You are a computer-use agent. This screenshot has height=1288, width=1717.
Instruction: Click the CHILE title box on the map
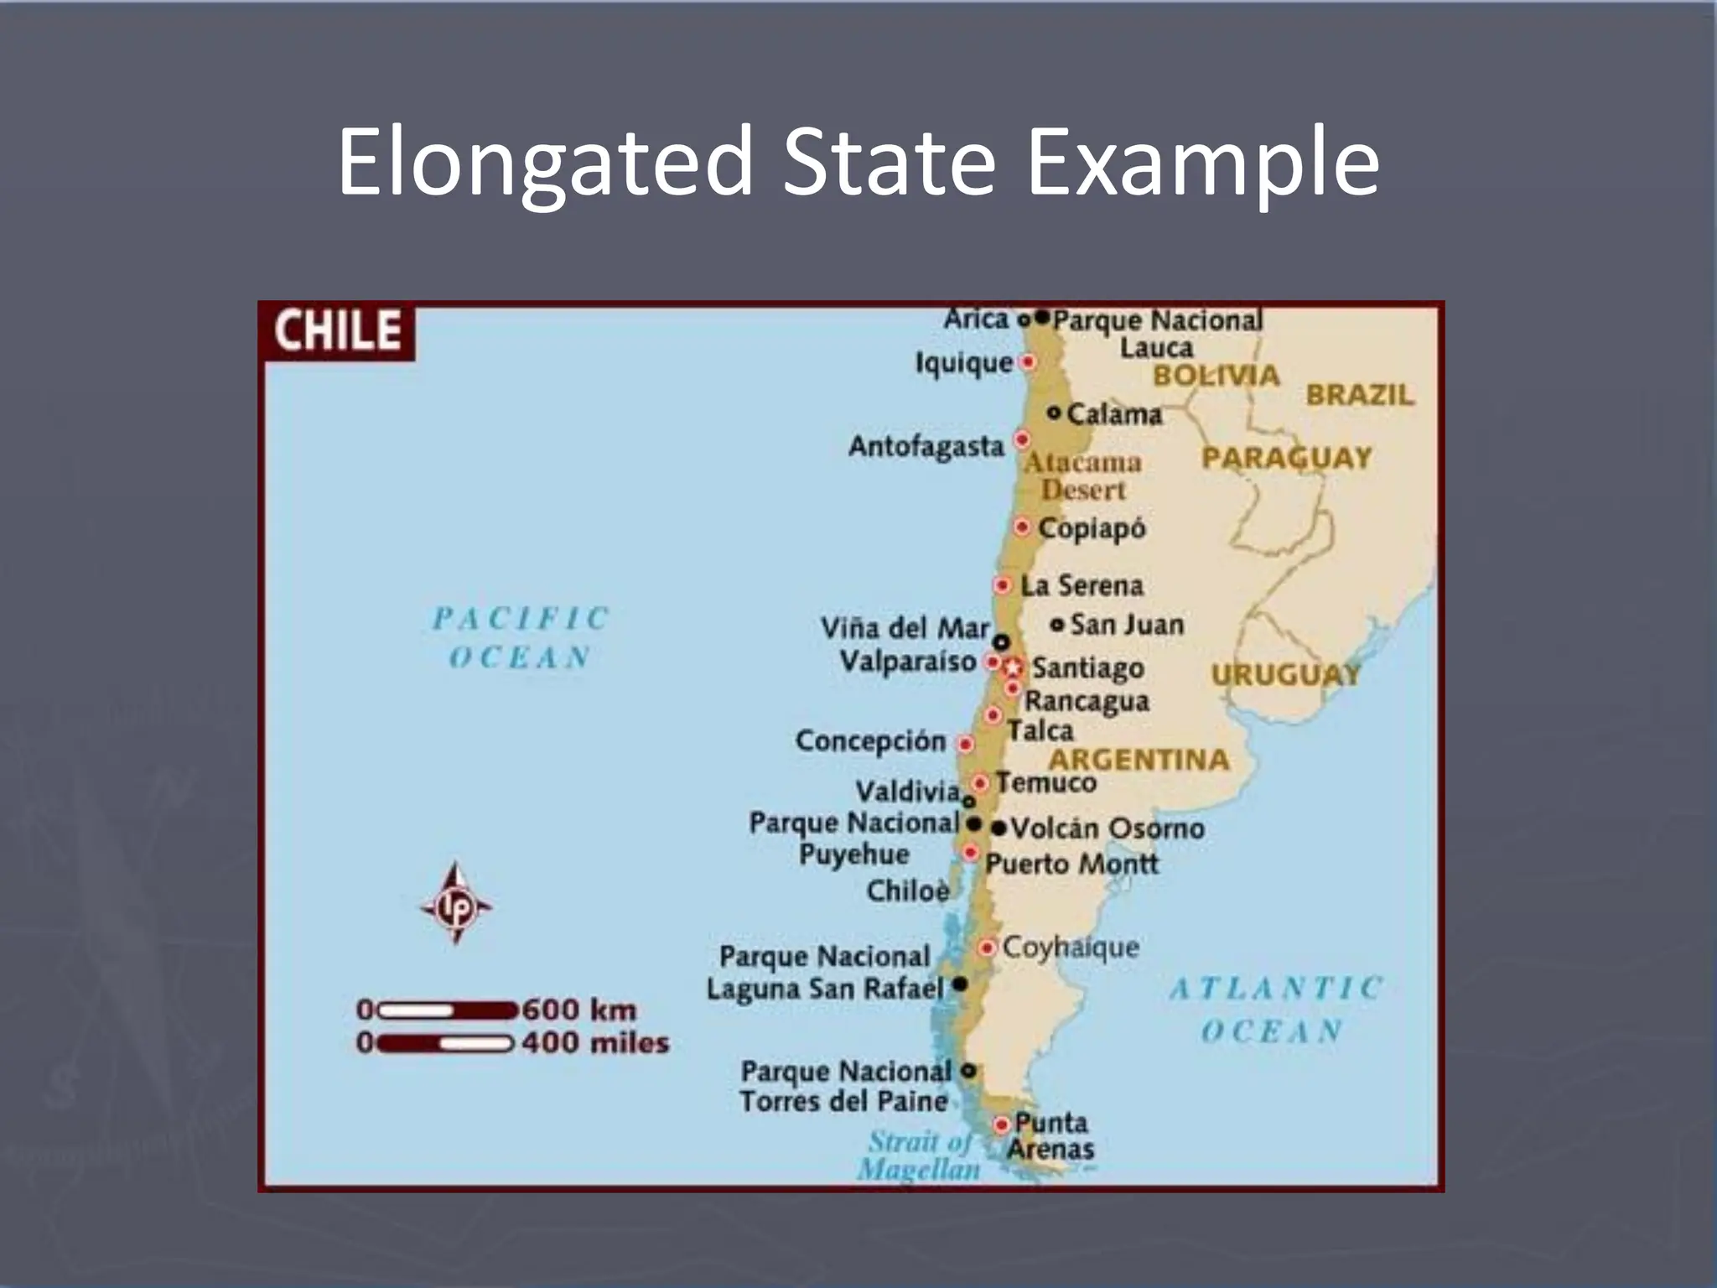[338, 330]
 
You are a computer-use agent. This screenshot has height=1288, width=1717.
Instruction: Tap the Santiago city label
[1087, 667]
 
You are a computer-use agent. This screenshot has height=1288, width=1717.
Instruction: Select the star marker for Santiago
[1014, 667]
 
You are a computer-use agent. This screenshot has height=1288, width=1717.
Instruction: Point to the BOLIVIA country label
[1216, 376]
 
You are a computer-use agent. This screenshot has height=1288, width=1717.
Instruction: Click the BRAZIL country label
[1360, 394]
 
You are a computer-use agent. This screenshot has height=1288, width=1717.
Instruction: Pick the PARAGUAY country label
[1286, 458]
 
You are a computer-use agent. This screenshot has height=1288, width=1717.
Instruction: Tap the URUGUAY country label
[1285, 674]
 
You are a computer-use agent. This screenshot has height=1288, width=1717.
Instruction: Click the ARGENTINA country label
[1139, 760]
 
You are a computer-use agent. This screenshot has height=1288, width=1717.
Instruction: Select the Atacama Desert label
[1083, 475]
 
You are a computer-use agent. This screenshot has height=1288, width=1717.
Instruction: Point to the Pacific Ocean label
[521, 637]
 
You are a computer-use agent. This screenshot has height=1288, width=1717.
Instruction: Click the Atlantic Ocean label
[1274, 1009]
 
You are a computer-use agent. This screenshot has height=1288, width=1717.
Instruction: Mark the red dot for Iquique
[1027, 362]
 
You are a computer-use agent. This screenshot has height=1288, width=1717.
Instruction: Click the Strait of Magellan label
[919, 1155]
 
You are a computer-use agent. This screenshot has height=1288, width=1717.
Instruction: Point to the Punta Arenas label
[1050, 1135]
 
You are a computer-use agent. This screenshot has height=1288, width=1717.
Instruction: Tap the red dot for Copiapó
[1022, 527]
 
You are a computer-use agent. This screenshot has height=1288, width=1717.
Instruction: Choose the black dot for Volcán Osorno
[999, 828]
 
